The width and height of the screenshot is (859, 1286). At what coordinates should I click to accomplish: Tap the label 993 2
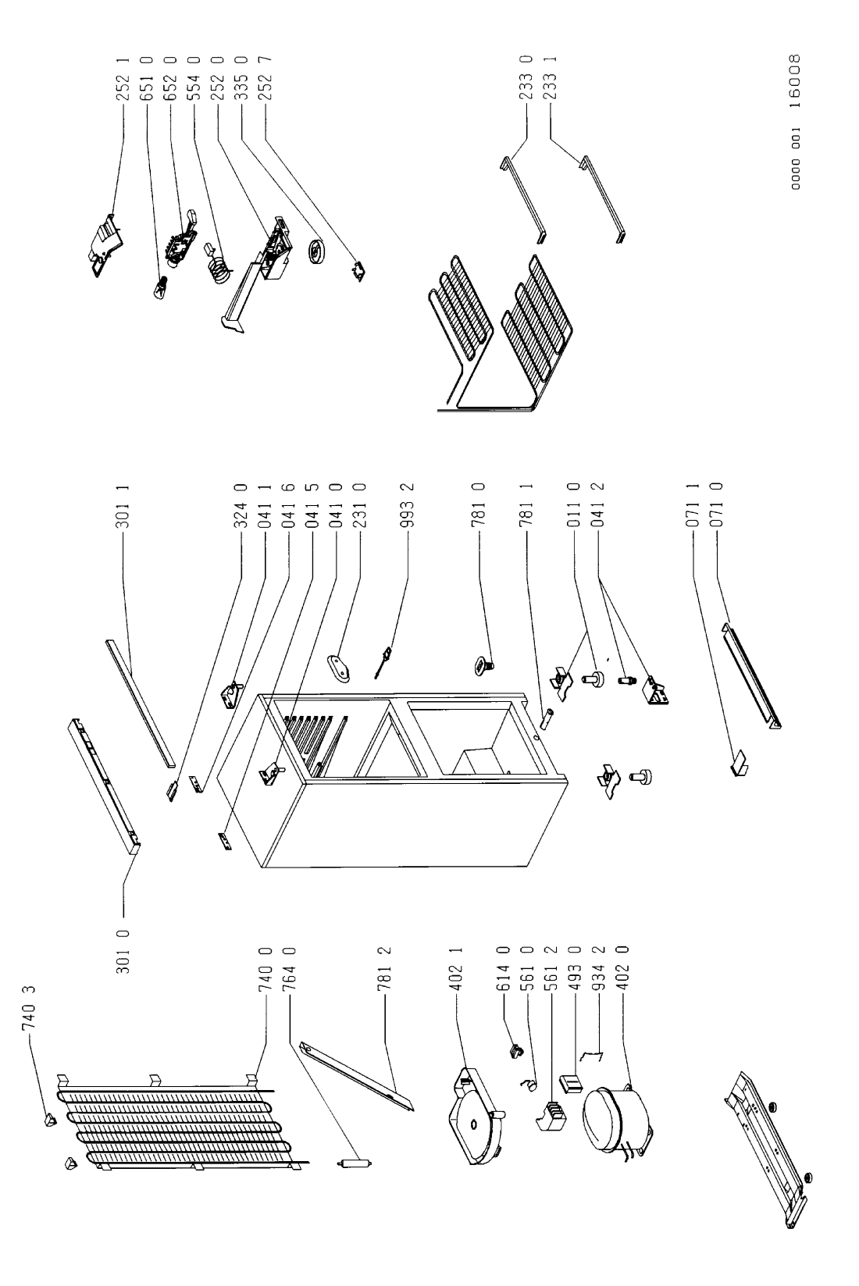[408, 506]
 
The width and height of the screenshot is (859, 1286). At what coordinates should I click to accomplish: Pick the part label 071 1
[693, 506]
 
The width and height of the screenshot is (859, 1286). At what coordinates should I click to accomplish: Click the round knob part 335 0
[316, 252]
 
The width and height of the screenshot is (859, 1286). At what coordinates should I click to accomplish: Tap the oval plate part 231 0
[340, 669]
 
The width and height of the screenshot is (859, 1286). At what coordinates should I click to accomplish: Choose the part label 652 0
[171, 78]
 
